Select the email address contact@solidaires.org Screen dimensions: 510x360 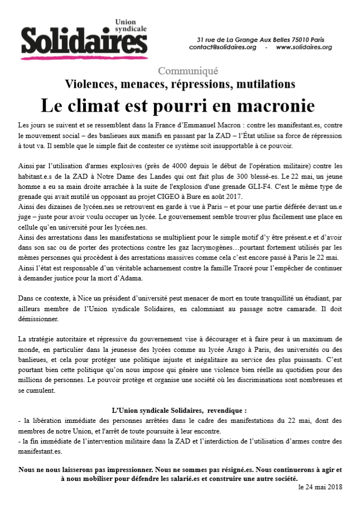(x=222, y=47)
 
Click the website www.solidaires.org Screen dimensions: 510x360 (x=304, y=47)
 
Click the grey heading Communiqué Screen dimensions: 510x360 (x=188, y=71)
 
